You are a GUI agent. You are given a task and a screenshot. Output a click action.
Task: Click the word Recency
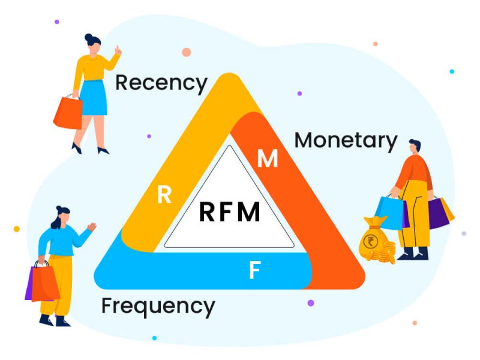(161, 83)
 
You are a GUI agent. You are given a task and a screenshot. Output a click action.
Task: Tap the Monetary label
(346, 140)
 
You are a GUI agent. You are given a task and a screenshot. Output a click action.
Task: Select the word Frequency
(158, 306)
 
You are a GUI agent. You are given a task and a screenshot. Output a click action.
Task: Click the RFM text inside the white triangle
(229, 212)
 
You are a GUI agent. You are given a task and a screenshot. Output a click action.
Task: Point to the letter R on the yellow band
(164, 195)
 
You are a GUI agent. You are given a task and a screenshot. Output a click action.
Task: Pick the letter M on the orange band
(268, 159)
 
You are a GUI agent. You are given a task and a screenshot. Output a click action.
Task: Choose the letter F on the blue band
(254, 271)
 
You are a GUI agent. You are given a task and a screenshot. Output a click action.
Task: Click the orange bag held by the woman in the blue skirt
(68, 112)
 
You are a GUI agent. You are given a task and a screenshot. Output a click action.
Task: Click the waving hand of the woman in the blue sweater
(91, 227)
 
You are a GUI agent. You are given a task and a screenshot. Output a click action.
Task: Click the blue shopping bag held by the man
(388, 212)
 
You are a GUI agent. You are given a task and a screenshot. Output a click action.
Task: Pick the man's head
(415, 146)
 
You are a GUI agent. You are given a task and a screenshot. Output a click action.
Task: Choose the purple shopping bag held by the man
(438, 213)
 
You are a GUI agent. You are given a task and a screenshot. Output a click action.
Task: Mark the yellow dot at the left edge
(16, 229)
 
